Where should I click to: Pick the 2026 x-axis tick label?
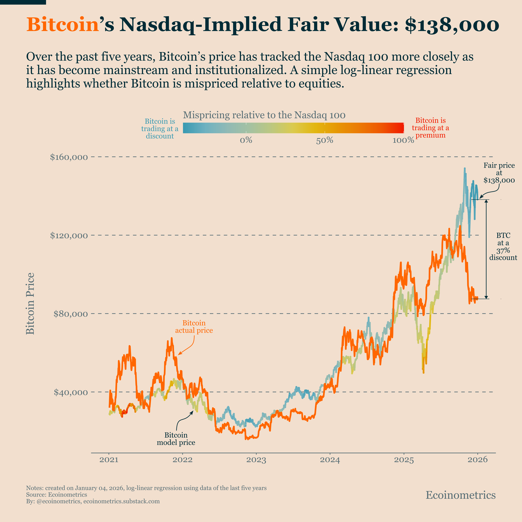click(477, 460)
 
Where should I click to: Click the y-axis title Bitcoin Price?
click(30, 303)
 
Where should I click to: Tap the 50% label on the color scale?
click(324, 140)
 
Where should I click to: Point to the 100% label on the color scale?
click(403, 140)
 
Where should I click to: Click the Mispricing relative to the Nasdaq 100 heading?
click(264, 115)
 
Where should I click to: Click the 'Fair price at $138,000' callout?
click(499, 173)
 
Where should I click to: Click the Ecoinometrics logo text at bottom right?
click(460, 495)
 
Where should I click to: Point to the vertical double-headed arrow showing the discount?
click(486, 249)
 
